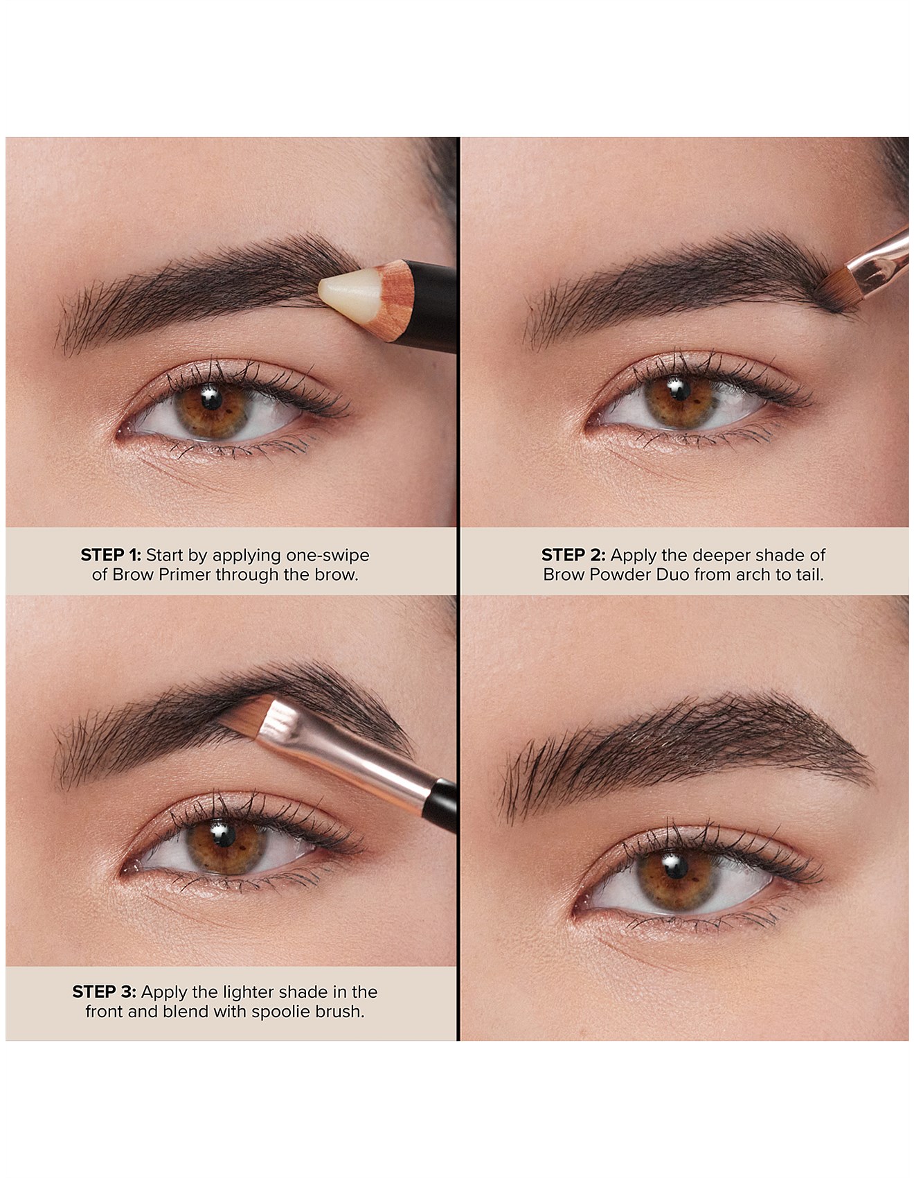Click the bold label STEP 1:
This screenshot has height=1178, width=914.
(x=111, y=555)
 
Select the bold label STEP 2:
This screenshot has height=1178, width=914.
(x=573, y=555)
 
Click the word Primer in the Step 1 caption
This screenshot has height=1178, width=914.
(x=188, y=574)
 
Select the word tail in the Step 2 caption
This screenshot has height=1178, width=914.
(x=810, y=574)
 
